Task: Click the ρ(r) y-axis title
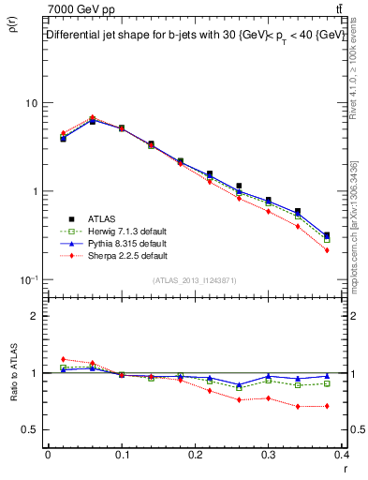[x=12, y=28]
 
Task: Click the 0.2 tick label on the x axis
[x=196, y=455]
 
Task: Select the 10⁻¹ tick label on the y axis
[x=29, y=279]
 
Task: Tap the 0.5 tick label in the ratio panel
[x=31, y=429]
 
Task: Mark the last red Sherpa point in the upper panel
[x=327, y=250]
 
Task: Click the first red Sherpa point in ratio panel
[x=63, y=359]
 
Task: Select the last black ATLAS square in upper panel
[x=327, y=236]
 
